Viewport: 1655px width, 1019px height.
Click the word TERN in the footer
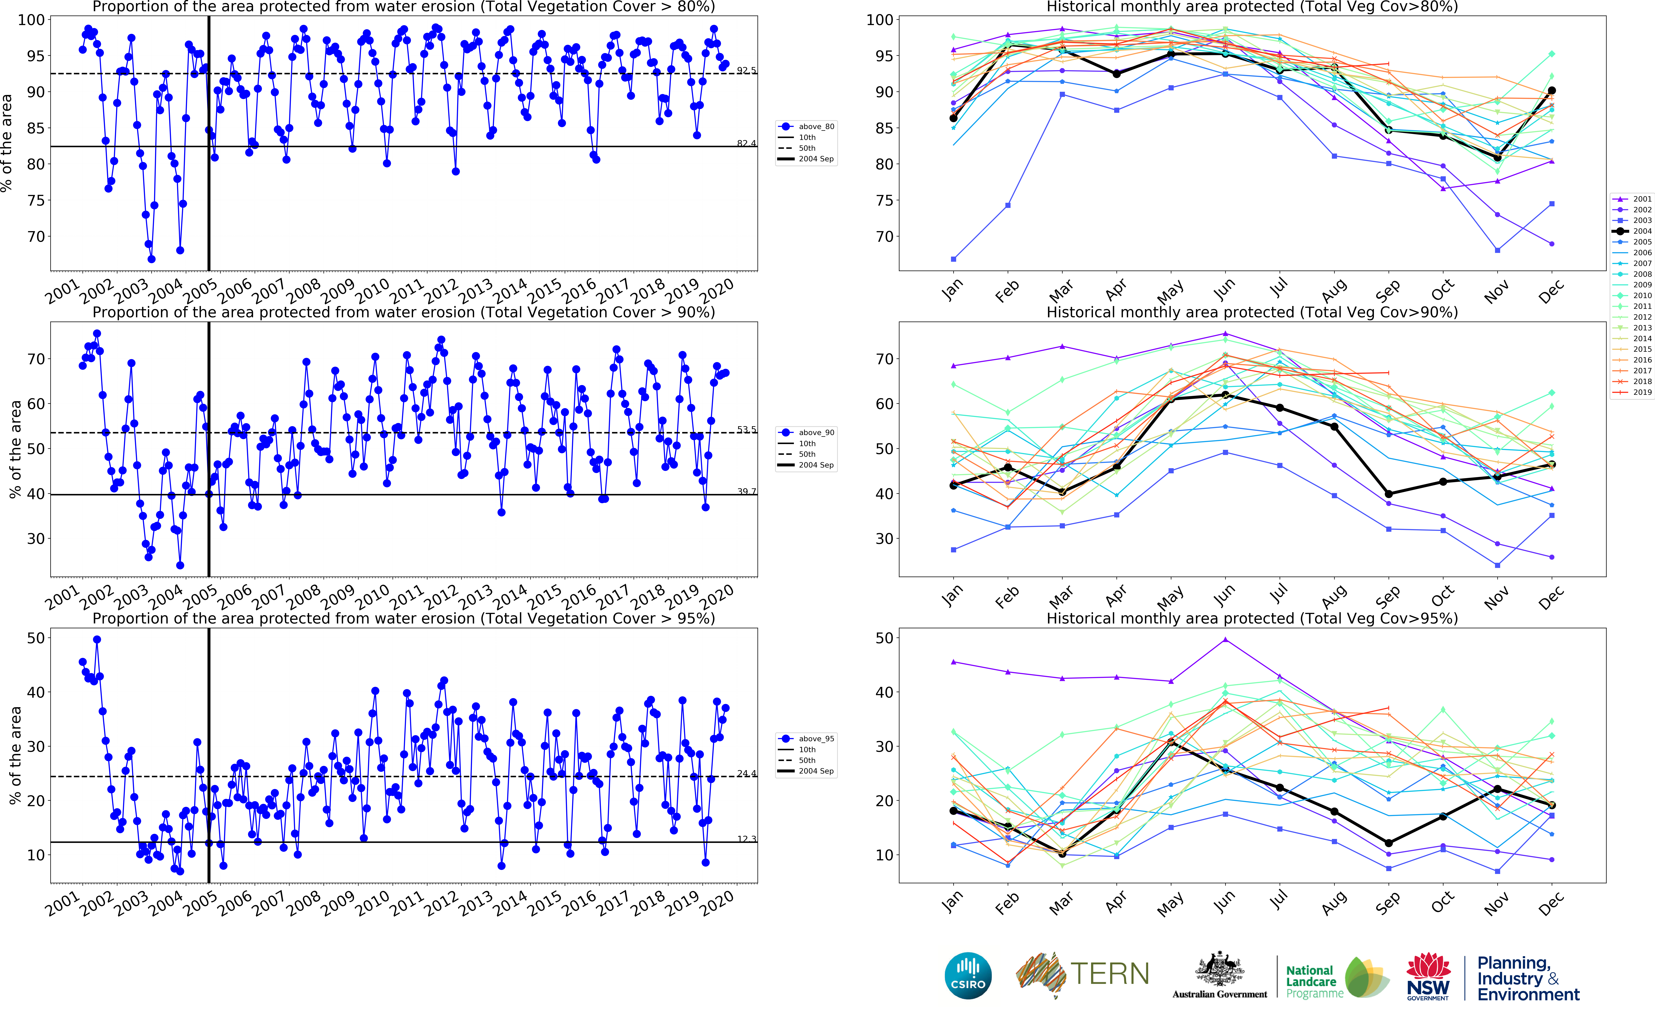(x=1110, y=974)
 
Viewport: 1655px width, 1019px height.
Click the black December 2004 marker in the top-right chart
(x=1552, y=90)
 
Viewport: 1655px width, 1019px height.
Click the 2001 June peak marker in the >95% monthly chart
(x=1226, y=640)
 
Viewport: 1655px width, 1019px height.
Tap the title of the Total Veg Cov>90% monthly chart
(x=1252, y=313)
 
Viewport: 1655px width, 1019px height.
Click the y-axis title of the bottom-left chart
(x=15, y=755)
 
